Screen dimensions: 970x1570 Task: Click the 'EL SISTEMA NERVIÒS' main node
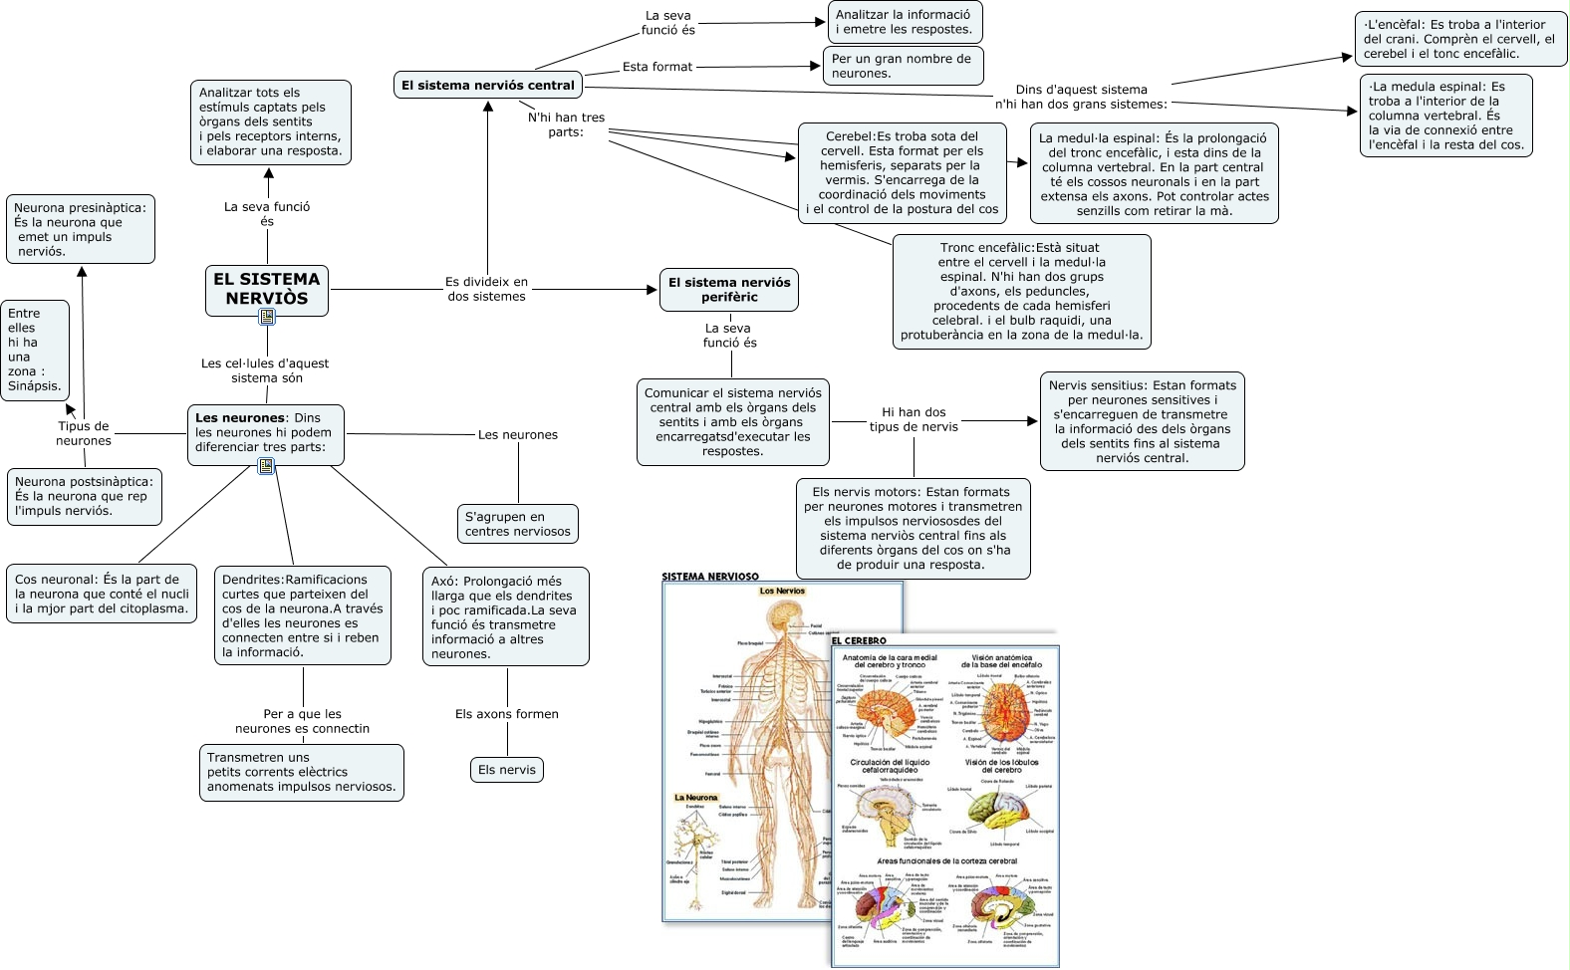267,288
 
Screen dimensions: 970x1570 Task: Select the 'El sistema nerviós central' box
488,86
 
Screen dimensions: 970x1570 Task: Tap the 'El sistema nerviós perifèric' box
729,290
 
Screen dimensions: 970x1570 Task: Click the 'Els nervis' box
507,770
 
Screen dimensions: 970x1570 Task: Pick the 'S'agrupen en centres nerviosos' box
518,524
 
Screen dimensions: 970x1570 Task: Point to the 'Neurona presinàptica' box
80,229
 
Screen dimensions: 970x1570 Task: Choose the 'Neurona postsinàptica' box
84,496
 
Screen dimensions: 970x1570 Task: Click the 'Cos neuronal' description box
102,593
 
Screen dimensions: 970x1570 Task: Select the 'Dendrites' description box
301,615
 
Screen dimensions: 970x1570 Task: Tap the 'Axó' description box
504,616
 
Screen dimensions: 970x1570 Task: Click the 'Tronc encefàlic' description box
1021,291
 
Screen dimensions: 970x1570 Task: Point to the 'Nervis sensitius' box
1142,421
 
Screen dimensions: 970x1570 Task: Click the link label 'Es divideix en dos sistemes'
486,289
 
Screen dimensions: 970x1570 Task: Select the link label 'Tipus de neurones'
84,433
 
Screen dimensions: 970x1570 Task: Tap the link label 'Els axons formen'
507,714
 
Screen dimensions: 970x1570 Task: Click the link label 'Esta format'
657,67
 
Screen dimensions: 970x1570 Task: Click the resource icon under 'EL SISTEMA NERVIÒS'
267,317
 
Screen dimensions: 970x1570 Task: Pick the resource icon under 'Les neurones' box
266,466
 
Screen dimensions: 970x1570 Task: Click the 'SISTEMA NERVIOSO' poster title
710,577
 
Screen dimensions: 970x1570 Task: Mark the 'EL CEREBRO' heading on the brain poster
859,640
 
